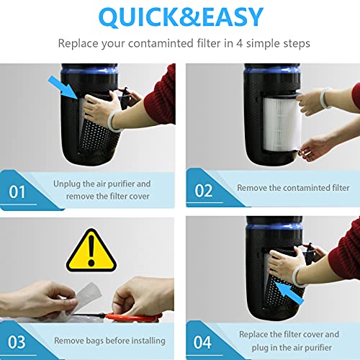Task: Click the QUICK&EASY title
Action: tap(179, 17)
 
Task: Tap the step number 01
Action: tap(17, 192)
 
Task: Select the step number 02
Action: tap(204, 192)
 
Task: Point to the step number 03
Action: tap(17, 341)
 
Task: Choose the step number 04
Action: tap(204, 341)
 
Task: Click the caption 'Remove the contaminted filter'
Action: tap(293, 188)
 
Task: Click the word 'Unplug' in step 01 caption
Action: tap(68, 184)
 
